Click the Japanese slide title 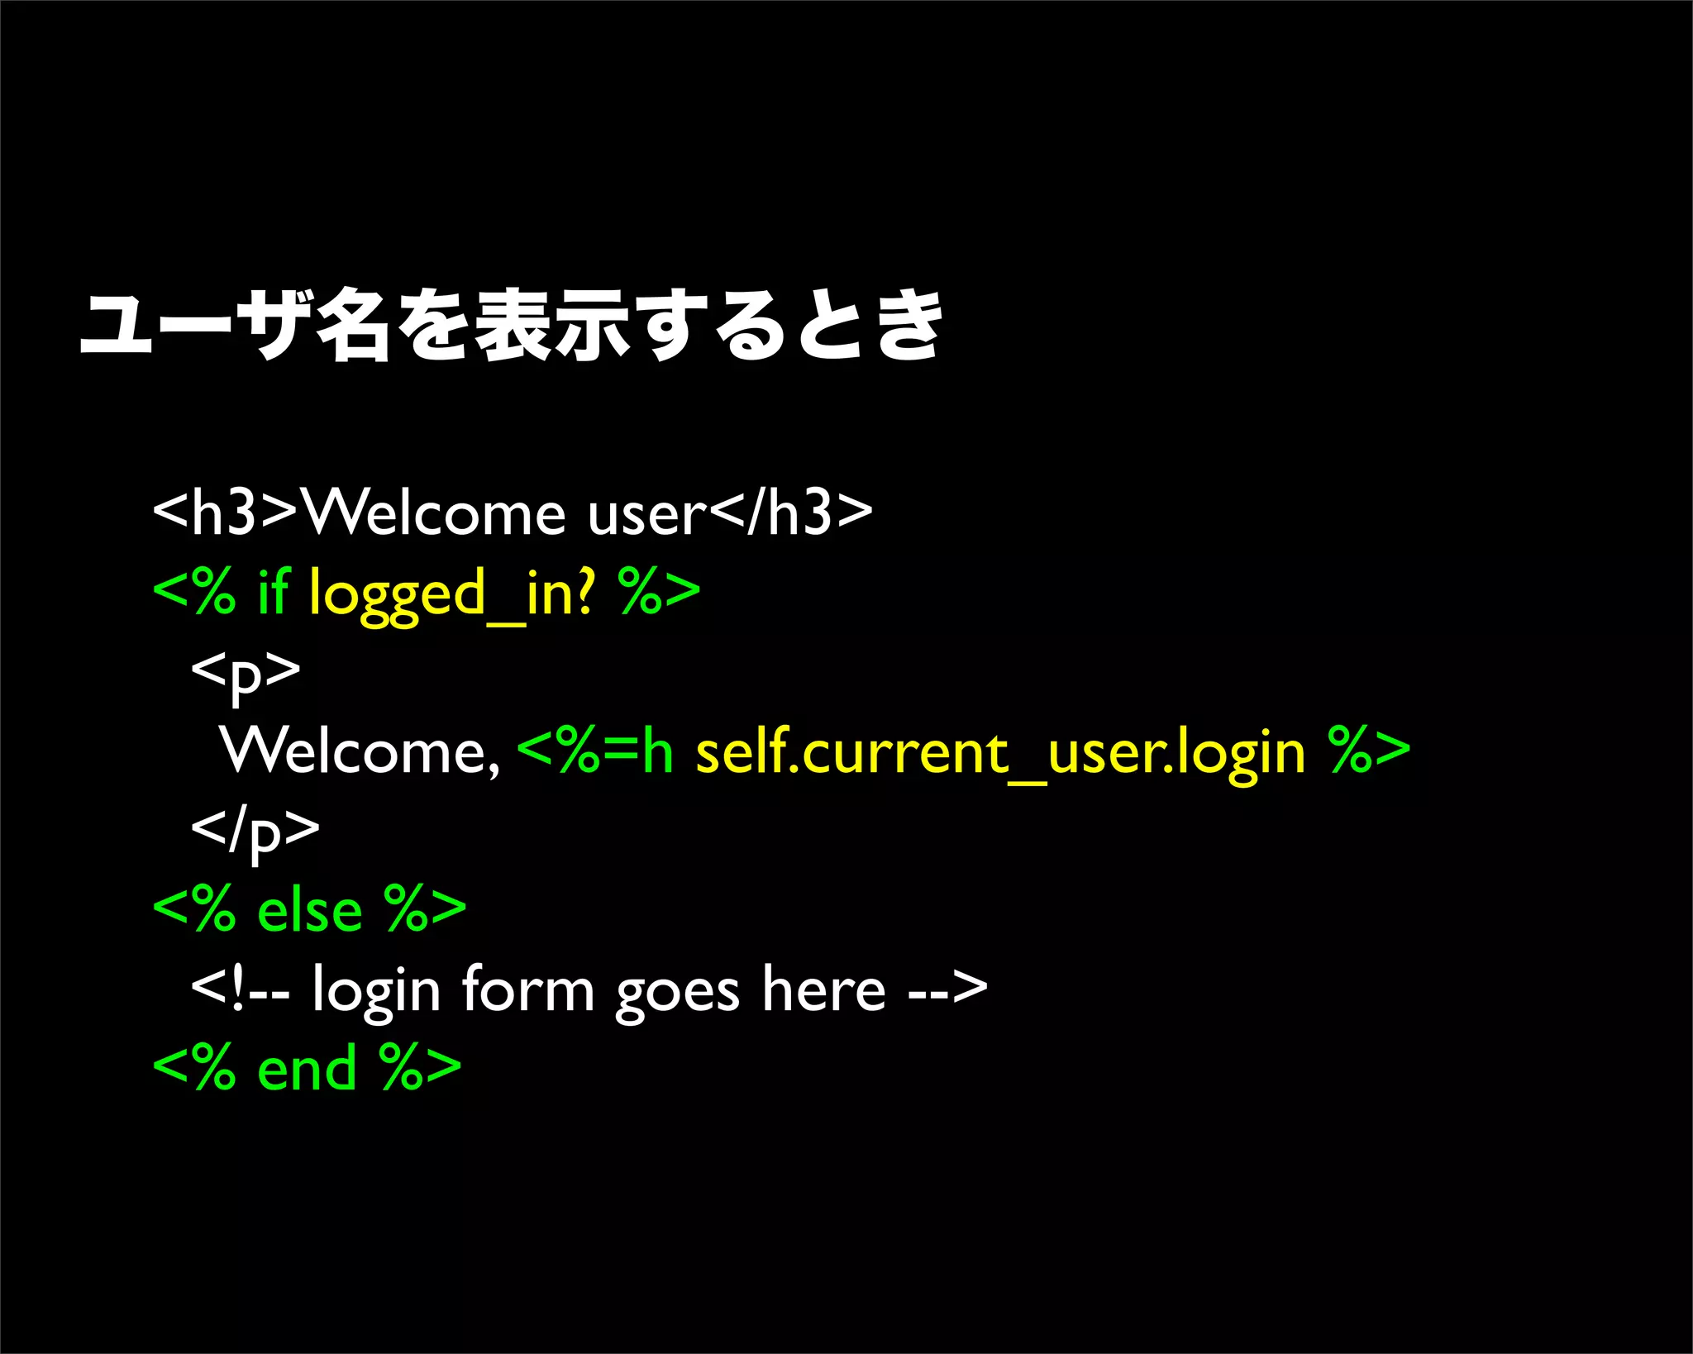[511, 327]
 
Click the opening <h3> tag [225, 513]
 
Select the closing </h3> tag [791, 513]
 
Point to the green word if [273, 592]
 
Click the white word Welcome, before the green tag [360, 752]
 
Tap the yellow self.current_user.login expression [1000, 754]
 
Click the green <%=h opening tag [595, 751]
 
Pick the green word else [310, 910]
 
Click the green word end [307, 1068]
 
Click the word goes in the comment [677, 992]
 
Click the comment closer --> [947, 989]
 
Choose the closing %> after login [1368, 751]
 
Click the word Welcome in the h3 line [435, 513]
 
